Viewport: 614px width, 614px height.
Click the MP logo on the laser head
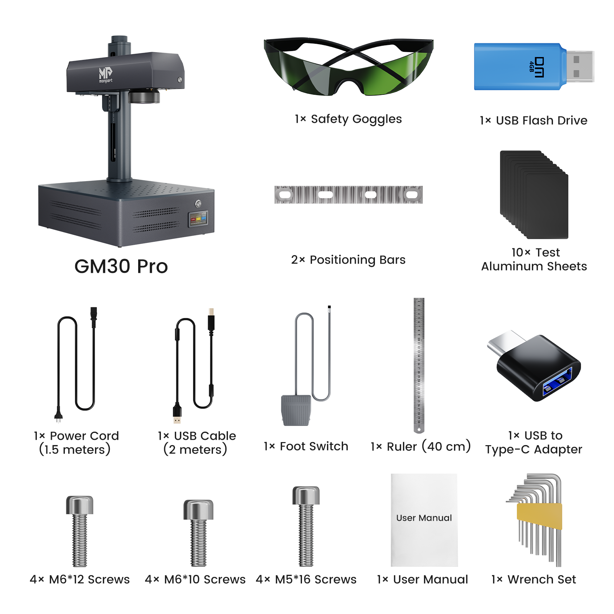[x=106, y=74]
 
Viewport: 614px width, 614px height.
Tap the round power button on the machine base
[x=198, y=203]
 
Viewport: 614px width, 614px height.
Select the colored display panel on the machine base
[x=198, y=219]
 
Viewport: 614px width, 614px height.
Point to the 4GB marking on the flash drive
[x=531, y=66]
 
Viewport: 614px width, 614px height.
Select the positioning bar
[x=348, y=195]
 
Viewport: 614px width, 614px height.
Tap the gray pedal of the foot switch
[x=296, y=410]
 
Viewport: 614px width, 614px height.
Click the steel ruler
[x=419, y=365]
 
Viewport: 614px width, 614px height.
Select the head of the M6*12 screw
[x=79, y=505]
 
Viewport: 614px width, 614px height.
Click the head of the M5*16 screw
[x=306, y=495]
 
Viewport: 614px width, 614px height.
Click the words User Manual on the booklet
[x=424, y=518]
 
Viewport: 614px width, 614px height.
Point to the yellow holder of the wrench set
[x=540, y=516]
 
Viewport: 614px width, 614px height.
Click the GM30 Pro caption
[x=121, y=266]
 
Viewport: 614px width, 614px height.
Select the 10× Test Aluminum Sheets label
[x=534, y=259]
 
